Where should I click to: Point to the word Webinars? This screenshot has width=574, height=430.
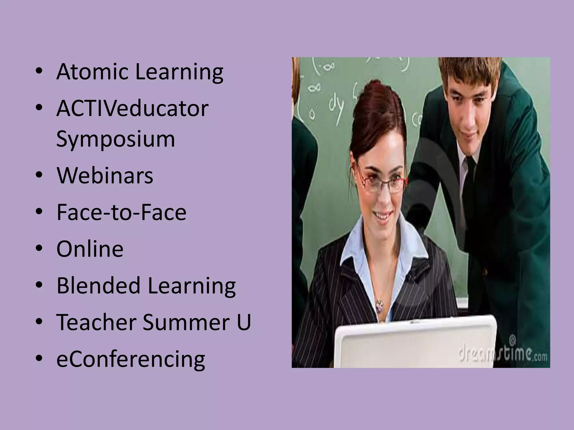tap(105, 176)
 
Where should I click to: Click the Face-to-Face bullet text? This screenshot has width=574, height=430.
tap(121, 212)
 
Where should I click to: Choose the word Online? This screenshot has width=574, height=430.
tap(90, 249)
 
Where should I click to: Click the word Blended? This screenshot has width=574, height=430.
tap(98, 286)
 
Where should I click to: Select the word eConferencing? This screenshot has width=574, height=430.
tap(131, 359)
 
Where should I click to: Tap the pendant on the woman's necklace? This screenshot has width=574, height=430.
tap(379, 305)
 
